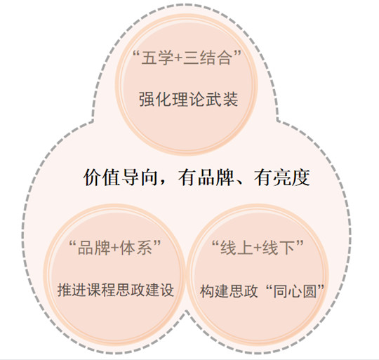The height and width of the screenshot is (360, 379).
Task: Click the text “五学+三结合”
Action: (x=187, y=58)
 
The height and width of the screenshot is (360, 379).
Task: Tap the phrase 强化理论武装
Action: (x=189, y=99)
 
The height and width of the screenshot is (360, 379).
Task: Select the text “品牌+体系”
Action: (x=115, y=248)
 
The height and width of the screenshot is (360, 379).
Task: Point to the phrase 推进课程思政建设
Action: (x=116, y=289)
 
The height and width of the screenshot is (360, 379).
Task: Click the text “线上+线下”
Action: (x=258, y=248)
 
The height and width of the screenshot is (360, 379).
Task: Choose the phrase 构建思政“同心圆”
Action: (x=262, y=291)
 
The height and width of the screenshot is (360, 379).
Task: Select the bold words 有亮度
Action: (x=282, y=178)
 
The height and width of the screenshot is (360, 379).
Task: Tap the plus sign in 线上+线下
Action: (x=258, y=248)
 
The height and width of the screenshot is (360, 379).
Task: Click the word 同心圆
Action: (x=295, y=291)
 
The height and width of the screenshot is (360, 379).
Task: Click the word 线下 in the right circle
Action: (x=279, y=248)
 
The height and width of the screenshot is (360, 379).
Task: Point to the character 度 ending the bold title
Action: (x=301, y=178)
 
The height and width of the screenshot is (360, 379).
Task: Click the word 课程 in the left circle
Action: (x=101, y=289)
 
